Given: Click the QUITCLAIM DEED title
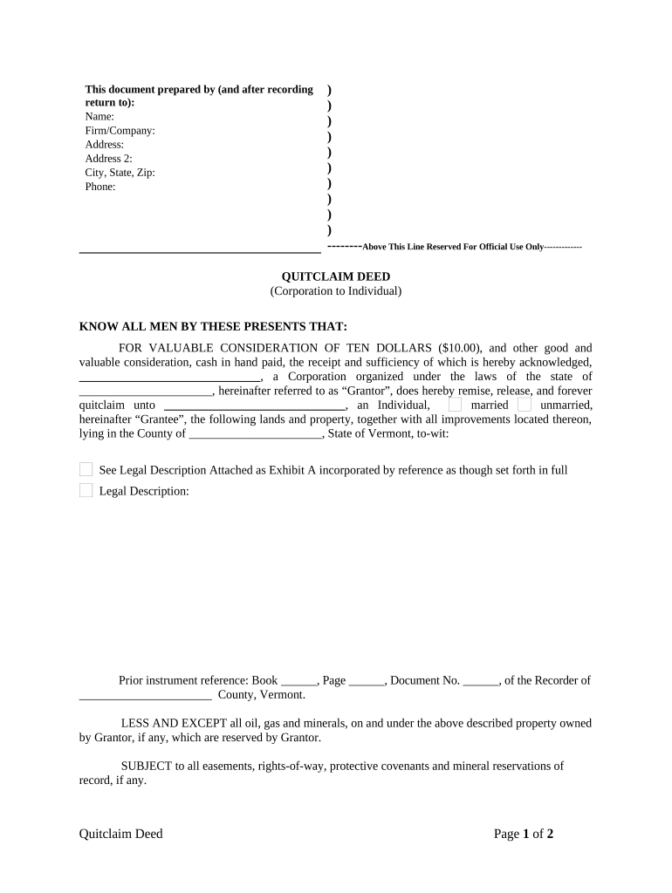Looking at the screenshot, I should (x=335, y=277).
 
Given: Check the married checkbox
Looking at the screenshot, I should (x=455, y=405).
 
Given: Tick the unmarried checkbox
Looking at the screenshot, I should (x=524, y=405).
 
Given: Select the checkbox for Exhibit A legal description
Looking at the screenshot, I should (x=86, y=470).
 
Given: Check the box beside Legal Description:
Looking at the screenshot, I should (x=86, y=491).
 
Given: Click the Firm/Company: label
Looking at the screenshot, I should (x=120, y=131).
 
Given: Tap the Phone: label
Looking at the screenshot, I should (x=100, y=187).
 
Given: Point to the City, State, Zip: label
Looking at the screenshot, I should (x=120, y=173).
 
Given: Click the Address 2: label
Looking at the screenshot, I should (x=108, y=159).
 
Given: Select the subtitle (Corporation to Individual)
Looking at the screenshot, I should (x=335, y=291).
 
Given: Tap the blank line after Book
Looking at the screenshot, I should (x=299, y=681).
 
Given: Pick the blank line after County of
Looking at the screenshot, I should (x=256, y=433).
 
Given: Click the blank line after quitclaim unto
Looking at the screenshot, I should (x=255, y=406).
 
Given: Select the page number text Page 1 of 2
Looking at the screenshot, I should (x=524, y=835).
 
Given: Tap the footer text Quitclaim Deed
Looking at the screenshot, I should (x=120, y=835).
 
